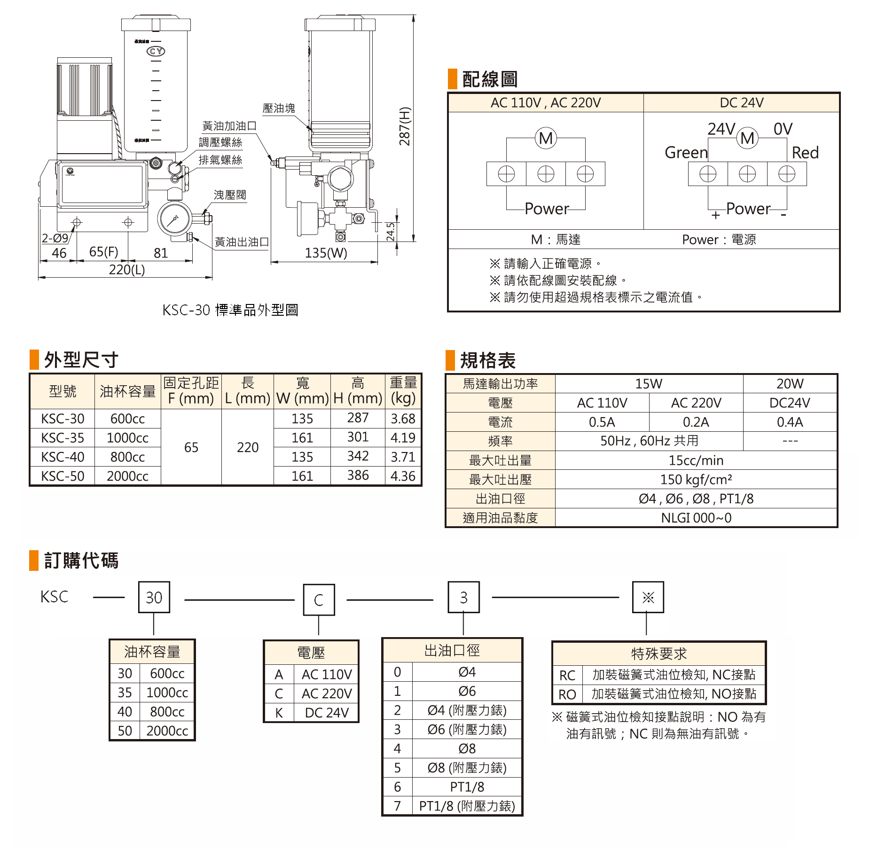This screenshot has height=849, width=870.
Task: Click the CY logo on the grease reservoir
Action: (156, 51)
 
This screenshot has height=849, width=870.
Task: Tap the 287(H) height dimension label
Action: (404, 126)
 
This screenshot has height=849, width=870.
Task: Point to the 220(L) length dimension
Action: (127, 270)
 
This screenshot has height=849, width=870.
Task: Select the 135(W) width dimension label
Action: (326, 253)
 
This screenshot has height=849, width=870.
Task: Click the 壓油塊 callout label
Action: (279, 109)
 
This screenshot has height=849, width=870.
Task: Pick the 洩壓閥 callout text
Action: (230, 195)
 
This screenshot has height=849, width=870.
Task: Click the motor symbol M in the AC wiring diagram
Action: (546, 139)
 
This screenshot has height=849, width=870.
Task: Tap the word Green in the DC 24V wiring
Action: (686, 153)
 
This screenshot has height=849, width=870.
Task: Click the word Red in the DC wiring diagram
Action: (805, 153)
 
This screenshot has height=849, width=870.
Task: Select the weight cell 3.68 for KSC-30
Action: (403, 419)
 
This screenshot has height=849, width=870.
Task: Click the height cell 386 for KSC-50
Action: (358, 475)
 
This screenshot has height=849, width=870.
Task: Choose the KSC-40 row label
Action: (63, 457)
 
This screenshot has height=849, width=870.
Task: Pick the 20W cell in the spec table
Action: (790, 384)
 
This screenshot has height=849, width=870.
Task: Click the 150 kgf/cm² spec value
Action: (696, 480)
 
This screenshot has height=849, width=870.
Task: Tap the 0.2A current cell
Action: (696, 422)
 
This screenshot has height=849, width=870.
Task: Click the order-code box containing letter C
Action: (319, 600)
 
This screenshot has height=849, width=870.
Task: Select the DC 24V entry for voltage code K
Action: (327, 713)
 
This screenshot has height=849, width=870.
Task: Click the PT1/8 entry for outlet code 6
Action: (467, 787)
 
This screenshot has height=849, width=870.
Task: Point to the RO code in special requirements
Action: (567, 694)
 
